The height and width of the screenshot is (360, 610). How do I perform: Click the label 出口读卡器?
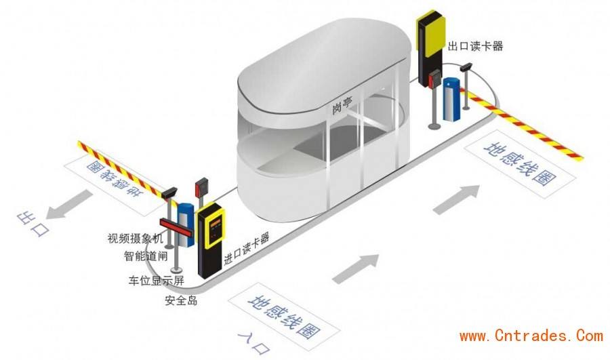(475, 46)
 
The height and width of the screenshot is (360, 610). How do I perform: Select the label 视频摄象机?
(136, 238)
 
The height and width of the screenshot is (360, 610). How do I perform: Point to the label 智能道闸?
(146, 256)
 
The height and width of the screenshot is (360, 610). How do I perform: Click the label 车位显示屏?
(157, 281)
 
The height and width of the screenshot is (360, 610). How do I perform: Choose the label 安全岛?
(181, 300)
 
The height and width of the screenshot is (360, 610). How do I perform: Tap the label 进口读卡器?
(247, 249)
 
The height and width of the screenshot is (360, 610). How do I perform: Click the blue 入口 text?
(253, 342)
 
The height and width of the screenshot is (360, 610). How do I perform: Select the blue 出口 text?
(33, 224)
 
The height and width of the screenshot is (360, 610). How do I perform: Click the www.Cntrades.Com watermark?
(531, 336)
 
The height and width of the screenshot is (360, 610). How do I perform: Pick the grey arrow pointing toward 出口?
(69, 204)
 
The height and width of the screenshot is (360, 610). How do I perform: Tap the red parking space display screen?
(176, 228)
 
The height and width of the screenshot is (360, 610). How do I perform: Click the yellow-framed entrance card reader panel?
(211, 224)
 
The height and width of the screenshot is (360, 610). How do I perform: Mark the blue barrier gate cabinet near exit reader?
(452, 99)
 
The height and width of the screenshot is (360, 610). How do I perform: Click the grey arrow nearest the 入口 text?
(356, 268)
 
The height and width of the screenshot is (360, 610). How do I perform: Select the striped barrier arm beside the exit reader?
(521, 125)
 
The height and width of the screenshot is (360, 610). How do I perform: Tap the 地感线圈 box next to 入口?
(283, 317)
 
